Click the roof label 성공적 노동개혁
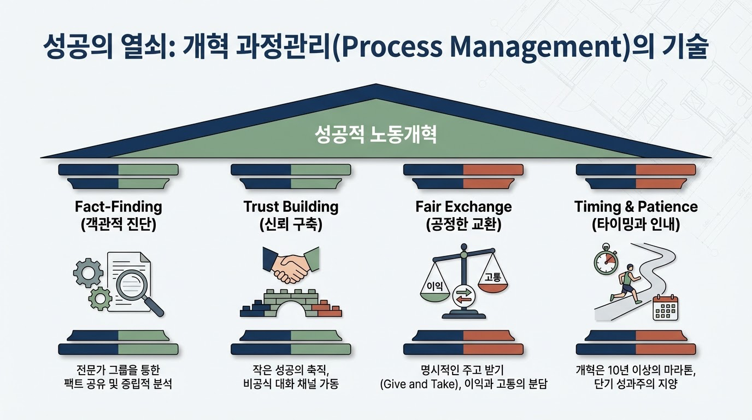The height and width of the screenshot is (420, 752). (376, 135)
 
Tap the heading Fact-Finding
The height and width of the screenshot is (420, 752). (118, 207)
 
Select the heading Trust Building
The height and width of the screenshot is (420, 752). (291, 207)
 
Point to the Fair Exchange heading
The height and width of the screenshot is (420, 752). (463, 207)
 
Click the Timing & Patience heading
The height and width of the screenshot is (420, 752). (636, 207)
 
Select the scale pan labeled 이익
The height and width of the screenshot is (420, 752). (435, 290)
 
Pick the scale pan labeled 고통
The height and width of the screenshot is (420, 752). (492, 279)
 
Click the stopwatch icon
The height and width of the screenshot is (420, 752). (606, 262)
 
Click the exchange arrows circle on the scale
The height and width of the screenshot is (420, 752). (463, 295)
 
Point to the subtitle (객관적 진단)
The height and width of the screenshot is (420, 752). (118, 225)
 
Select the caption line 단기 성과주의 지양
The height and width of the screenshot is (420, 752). (635, 384)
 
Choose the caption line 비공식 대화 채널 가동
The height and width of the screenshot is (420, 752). (291, 384)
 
